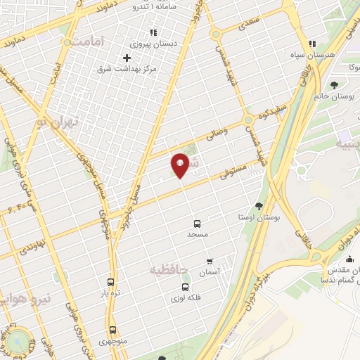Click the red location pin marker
click(180, 165)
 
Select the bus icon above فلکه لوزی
click(186, 287)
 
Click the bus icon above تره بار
click(110, 281)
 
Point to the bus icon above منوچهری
click(112, 330)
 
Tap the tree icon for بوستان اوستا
click(259, 206)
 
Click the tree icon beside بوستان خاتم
click(333, 84)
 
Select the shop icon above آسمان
click(209, 262)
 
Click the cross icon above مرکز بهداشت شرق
click(127, 58)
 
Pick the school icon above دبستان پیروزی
click(153, 32)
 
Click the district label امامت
click(87, 42)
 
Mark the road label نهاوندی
click(33, 246)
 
